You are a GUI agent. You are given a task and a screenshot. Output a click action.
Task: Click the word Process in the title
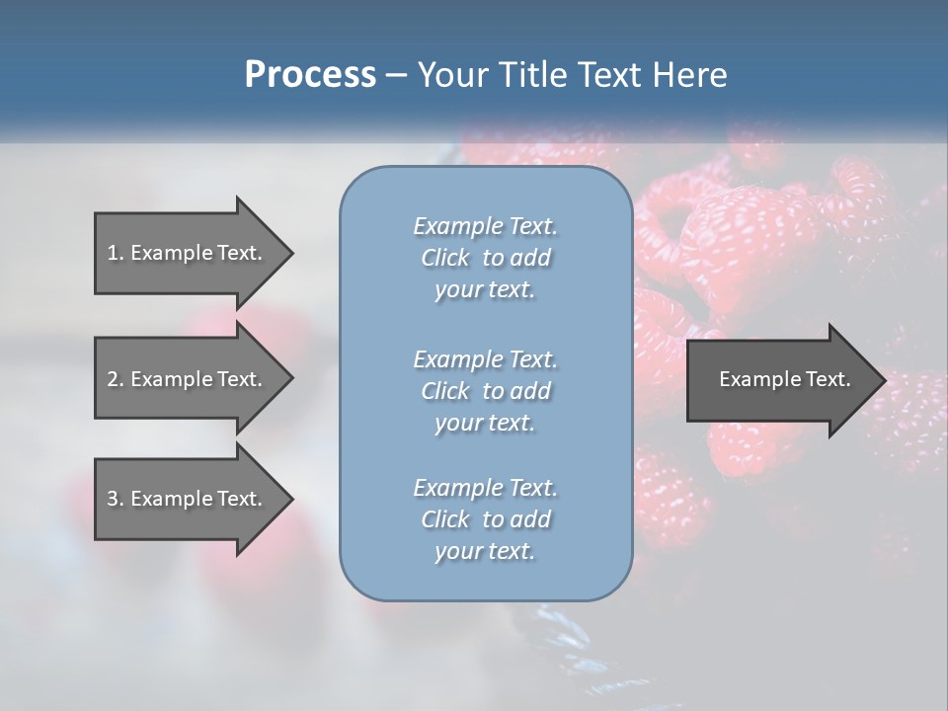click(310, 75)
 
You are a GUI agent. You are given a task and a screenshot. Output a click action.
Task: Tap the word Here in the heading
click(689, 75)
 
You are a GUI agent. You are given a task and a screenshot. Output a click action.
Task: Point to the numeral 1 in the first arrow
click(113, 253)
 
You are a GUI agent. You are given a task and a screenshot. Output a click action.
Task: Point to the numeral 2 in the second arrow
click(113, 379)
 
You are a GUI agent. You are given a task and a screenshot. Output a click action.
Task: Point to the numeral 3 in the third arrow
click(113, 499)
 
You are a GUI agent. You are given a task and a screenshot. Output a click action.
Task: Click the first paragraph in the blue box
click(485, 258)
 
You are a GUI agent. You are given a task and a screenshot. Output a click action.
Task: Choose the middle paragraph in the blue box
click(485, 390)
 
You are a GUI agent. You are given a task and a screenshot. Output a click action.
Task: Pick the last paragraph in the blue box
click(485, 519)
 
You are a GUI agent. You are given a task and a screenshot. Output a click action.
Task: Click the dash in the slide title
click(396, 76)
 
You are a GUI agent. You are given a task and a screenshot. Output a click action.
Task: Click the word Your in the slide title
click(450, 75)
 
